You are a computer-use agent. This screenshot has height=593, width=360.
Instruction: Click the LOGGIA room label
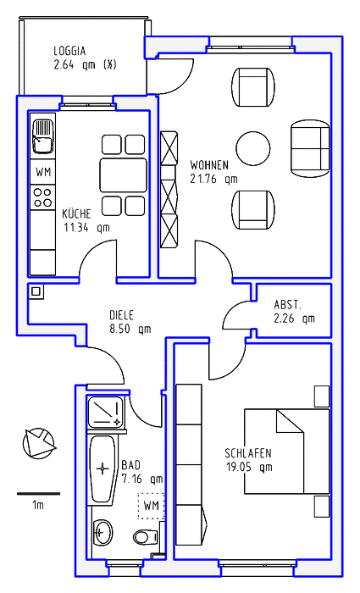tap(69, 51)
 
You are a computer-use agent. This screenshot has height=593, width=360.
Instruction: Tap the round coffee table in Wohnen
tap(253, 148)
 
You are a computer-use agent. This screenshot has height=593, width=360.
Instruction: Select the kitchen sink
tap(42, 136)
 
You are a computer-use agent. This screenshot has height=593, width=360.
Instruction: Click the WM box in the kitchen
tap(43, 172)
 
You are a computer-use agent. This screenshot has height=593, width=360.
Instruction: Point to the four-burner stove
tap(42, 197)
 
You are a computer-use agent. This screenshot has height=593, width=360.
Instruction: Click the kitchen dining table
tap(124, 175)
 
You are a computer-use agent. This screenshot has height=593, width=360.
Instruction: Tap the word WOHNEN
tap(209, 165)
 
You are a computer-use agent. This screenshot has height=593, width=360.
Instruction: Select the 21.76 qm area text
tap(213, 179)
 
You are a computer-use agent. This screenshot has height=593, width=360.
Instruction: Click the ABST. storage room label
tap(288, 304)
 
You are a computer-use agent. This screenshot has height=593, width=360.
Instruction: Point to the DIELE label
tap(121, 314)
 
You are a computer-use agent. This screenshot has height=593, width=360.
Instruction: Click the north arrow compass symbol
tap(39, 443)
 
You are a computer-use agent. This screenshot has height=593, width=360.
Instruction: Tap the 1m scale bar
tap(39, 494)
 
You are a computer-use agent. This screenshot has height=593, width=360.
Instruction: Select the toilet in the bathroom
tap(145, 536)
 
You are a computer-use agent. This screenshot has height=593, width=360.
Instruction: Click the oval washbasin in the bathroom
tap(102, 532)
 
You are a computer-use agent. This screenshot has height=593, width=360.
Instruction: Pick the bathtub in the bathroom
tap(102, 469)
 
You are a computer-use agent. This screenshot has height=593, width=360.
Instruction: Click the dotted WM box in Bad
tap(152, 506)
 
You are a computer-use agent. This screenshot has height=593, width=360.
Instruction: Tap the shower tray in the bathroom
tap(106, 412)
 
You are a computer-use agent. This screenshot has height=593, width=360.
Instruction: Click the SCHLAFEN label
tap(248, 452)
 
